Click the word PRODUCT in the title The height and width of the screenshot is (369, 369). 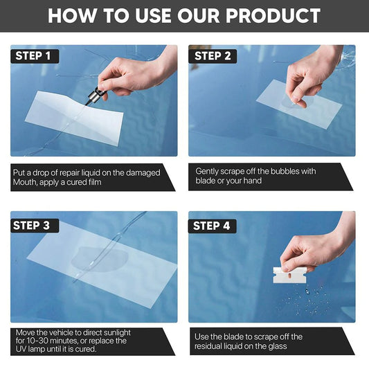[273, 16]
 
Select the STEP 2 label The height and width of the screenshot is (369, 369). [213, 56]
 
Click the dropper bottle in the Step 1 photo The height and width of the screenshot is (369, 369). [93, 96]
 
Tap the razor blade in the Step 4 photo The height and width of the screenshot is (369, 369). [290, 275]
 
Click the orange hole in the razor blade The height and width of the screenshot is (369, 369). [290, 275]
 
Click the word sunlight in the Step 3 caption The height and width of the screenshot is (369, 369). [117, 332]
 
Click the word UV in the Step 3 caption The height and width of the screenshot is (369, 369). [21, 349]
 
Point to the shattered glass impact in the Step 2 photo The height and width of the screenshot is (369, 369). [348, 57]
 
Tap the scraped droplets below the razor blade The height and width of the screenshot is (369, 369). [306, 300]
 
